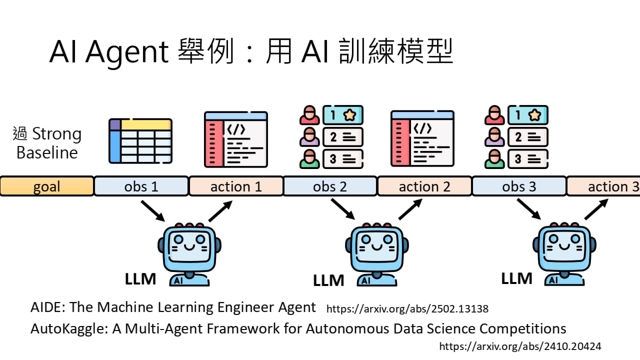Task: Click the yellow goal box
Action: pyautogui.click(x=46, y=186)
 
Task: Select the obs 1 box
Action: pyautogui.click(x=141, y=186)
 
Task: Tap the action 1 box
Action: pyautogui.click(x=236, y=186)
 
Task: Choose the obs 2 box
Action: pyautogui.click(x=330, y=186)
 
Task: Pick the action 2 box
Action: pyautogui.click(x=424, y=186)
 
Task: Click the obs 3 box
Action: pyautogui.click(x=519, y=186)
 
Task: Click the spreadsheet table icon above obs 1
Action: pyautogui.click(x=140, y=141)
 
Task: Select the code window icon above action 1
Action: pyautogui.click(x=236, y=139)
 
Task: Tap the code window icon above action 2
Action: pyautogui.click(x=422, y=139)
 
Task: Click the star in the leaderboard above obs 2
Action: pyautogui.click(x=349, y=115)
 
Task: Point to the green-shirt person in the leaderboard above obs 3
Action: pyautogui.click(x=494, y=158)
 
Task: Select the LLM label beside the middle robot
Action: pyautogui.click(x=328, y=280)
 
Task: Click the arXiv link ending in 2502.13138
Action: pyautogui.click(x=407, y=309)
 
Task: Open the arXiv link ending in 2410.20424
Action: pyautogui.click(x=520, y=346)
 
